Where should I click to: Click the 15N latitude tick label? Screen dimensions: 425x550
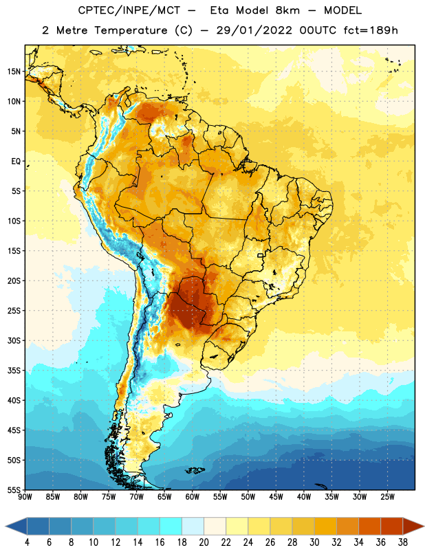[14, 71]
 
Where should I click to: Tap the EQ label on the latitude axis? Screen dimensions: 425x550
[16, 162]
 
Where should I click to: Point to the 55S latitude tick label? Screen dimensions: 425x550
[14, 489]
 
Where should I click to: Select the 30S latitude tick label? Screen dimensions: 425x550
[14, 340]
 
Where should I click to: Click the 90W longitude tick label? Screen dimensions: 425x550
[25, 496]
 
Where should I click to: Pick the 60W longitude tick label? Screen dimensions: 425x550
[193, 496]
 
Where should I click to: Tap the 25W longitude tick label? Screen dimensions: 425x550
[387, 496]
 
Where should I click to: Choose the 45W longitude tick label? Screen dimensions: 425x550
[276, 496]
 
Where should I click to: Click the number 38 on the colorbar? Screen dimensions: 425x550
[402, 542]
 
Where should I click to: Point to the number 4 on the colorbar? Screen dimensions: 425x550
[27, 542]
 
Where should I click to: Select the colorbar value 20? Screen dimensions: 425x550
[204, 542]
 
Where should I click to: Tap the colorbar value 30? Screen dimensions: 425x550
[314, 542]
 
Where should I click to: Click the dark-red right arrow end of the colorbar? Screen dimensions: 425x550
[413, 526]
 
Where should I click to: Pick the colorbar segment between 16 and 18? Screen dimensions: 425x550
[171, 526]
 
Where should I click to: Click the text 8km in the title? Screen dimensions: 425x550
[287, 10]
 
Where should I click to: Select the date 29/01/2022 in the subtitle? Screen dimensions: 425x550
[254, 30]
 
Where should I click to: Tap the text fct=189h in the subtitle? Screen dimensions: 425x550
[371, 30]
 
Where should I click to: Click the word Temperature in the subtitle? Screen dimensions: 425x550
[131, 30]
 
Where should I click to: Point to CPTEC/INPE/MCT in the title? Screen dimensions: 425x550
[129, 10]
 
